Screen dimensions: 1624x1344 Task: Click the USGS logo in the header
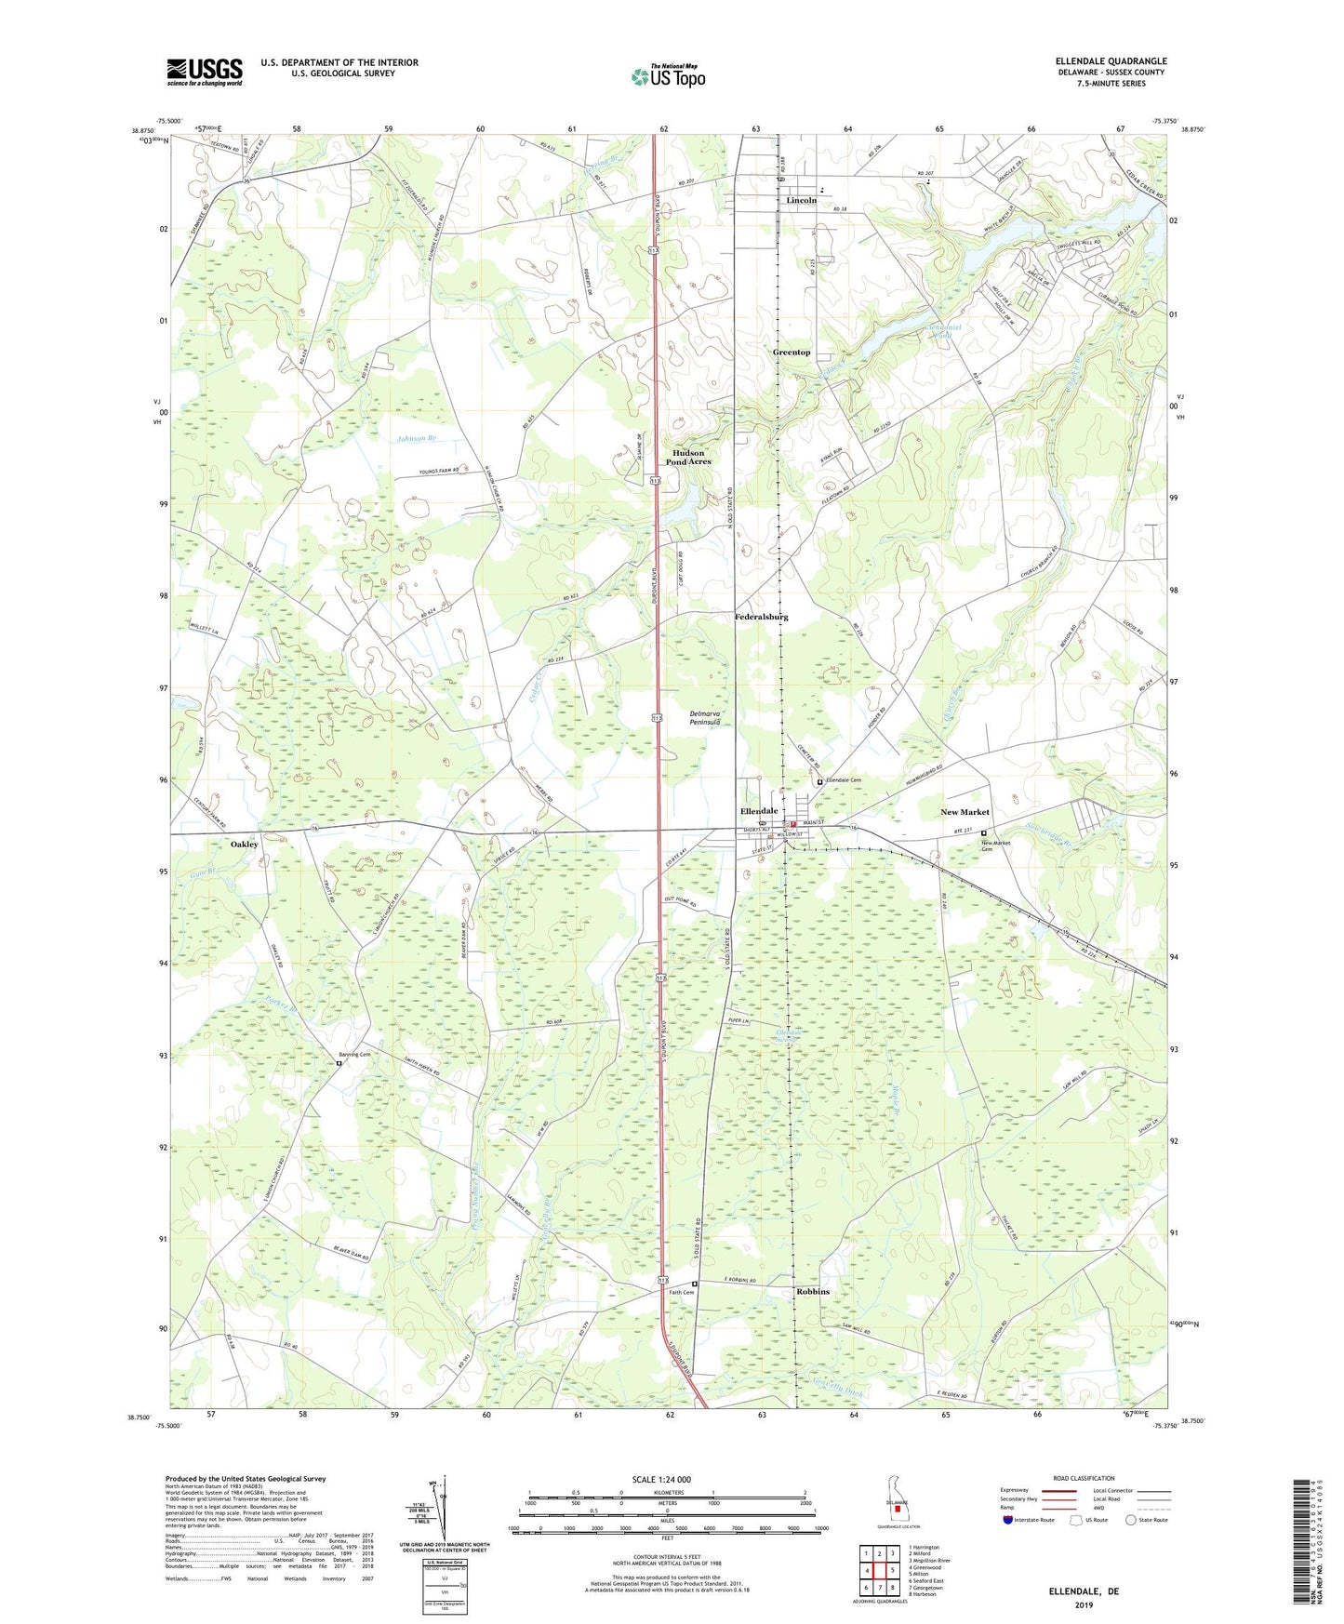pos(204,72)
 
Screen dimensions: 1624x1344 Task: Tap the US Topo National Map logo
pos(668,75)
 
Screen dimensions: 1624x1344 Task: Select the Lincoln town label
pos(801,200)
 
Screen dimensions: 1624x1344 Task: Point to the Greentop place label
pos(792,353)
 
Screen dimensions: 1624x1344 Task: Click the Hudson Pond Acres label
pos(689,457)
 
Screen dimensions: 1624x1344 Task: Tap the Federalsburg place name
pos(761,617)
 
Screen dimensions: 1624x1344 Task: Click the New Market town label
pos(965,812)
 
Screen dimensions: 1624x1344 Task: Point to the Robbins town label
pos(812,1292)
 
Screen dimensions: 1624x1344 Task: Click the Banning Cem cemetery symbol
pos(339,1063)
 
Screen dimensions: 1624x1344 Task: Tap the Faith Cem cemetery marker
pos(694,1285)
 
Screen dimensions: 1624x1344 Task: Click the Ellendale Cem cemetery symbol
pos(819,782)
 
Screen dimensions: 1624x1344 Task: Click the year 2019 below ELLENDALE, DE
pos(1084,1604)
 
